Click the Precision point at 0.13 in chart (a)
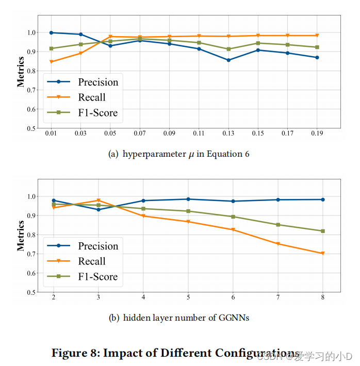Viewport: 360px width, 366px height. [228, 60]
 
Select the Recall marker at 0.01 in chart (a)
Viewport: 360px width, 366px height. [51, 62]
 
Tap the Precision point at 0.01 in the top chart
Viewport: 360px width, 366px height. [51, 32]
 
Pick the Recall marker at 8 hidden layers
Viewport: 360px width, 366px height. [323, 254]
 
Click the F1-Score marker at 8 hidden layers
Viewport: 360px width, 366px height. [323, 231]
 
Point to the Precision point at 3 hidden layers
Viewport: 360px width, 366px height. [98, 209]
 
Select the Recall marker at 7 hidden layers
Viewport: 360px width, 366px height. [278, 244]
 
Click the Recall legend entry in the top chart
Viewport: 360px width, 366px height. [91, 97]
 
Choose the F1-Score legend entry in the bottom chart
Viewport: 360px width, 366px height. [97, 277]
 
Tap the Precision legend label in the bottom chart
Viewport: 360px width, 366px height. [97, 246]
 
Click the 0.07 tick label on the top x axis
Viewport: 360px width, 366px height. [139, 134]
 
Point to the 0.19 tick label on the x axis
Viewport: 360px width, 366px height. [317, 134]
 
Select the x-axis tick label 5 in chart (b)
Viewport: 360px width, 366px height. [188, 298]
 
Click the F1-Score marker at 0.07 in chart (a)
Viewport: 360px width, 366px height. [139, 39]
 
